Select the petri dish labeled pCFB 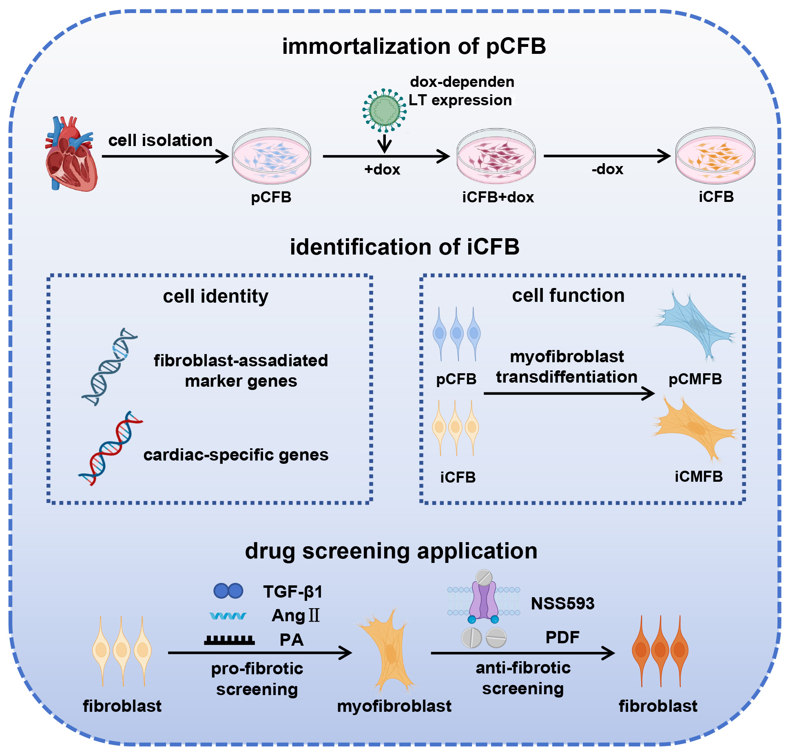(272, 156)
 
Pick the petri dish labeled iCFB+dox (496, 156)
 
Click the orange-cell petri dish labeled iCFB (715, 155)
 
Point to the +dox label (382, 169)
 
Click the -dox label (607, 169)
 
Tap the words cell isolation (160, 140)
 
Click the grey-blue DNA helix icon (109, 367)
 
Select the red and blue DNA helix (111, 448)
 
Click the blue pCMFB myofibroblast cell (695, 326)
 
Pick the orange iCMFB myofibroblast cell (695, 428)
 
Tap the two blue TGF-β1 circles (228, 591)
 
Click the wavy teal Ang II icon (228, 616)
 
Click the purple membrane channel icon (484, 596)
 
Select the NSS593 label (562, 603)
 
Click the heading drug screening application (391, 551)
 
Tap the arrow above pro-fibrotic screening (260, 653)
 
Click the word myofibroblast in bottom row (394, 706)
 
